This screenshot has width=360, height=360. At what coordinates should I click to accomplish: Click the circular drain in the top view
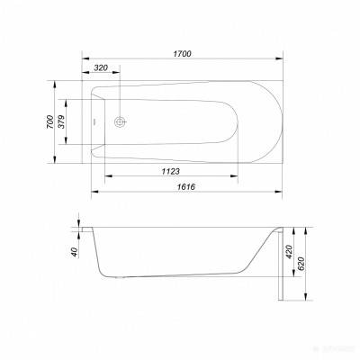click(121, 121)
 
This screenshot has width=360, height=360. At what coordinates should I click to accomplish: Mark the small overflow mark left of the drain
click(97, 121)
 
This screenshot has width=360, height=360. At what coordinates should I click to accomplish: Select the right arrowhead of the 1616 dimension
click(274, 193)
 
